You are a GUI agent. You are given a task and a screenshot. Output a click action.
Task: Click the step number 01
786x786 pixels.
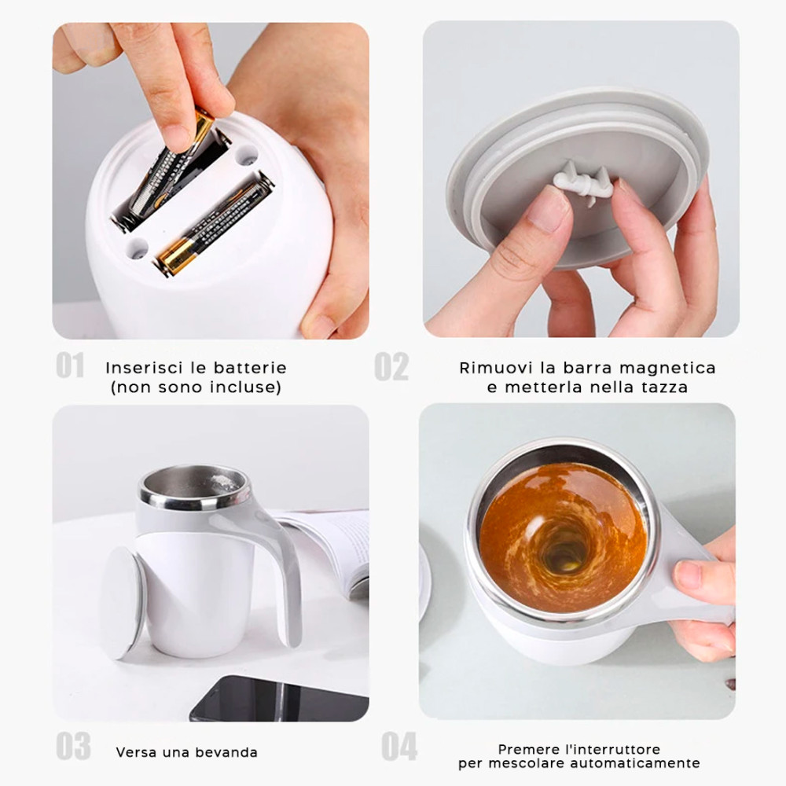tap(70, 365)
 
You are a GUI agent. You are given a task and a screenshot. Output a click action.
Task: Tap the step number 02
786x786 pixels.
tap(391, 367)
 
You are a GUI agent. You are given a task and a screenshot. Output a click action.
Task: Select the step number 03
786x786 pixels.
tap(73, 747)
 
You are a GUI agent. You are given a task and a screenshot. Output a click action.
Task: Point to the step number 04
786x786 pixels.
tap(399, 747)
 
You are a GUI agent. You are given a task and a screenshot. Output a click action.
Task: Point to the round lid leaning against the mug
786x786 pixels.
tap(122, 601)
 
